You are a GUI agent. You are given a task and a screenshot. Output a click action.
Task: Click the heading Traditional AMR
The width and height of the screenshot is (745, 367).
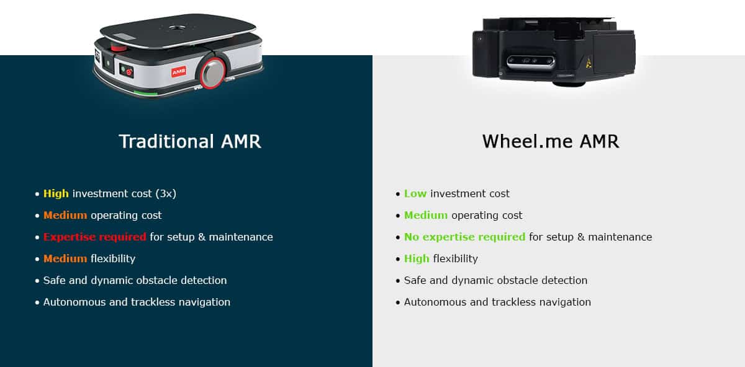(x=189, y=141)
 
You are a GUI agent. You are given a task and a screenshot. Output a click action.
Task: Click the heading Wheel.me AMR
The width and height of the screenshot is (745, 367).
(x=550, y=141)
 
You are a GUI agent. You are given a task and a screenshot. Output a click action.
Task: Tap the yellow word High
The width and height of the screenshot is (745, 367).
(x=56, y=193)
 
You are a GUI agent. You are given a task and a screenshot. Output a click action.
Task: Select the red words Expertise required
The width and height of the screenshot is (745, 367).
(x=94, y=237)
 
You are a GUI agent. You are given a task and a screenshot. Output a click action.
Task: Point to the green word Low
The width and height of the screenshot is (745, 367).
(x=415, y=193)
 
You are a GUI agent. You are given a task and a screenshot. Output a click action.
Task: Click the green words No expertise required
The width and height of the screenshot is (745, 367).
(x=464, y=237)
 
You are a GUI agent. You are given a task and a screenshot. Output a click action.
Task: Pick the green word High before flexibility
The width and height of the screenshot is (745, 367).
(x=417, y=259)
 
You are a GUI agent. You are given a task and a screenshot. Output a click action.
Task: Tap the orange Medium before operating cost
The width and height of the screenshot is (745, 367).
(x=65, y=215)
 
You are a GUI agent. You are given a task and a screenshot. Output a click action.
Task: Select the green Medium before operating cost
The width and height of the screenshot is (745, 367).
(x=426, y=215)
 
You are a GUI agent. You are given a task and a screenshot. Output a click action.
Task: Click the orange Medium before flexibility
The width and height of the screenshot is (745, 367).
(x=65, y=259)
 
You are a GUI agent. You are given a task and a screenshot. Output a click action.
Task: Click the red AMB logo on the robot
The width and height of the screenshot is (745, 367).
(x=178, y=72)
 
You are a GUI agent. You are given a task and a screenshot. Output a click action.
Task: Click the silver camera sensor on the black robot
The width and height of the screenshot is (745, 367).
(x=527, y=62)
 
